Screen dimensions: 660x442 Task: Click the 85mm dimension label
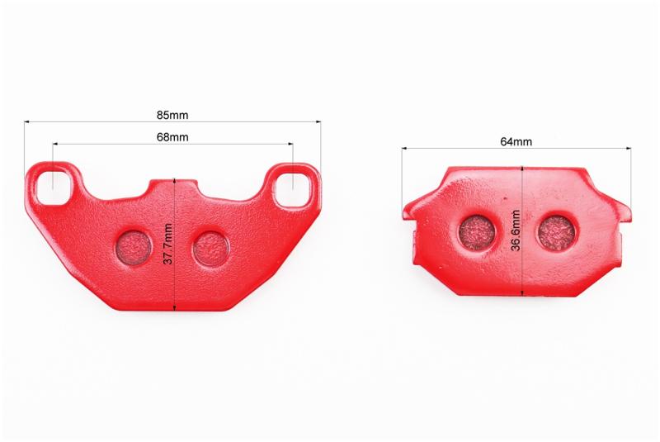[x=172, y=115]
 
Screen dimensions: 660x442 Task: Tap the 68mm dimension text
[x=172, y=137]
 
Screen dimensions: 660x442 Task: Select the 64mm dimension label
[x=516, y=141]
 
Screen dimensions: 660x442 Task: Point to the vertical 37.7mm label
[x=168, y=244]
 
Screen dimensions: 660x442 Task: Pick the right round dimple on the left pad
[x=211, y=250]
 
